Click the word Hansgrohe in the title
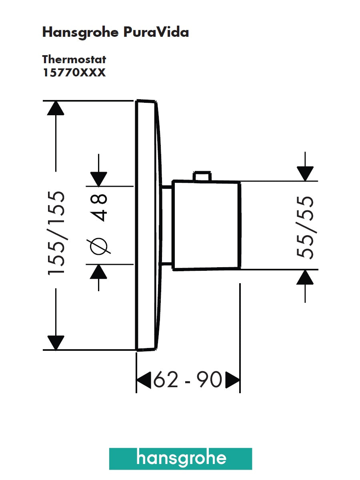(80, 32)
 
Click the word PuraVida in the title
(156, 32)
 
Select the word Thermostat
(74, 60)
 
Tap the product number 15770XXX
(74, 73)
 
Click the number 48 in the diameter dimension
(99, 208)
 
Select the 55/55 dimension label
(305, 227)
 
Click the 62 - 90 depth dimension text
(188, 380)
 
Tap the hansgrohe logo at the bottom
(181, 458)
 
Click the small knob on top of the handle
(202, 176)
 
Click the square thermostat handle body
(206, 225)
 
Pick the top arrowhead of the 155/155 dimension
(56, 108)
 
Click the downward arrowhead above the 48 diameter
(99, 178)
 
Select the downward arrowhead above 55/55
(305, 174)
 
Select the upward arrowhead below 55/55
(305, 277)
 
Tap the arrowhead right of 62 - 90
(232, 380)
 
